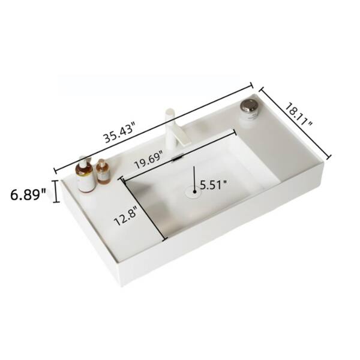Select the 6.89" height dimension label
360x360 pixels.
click(x=28, y=195)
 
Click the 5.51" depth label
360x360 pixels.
click(x=214, y=185)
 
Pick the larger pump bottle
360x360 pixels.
click(x=86, y=175)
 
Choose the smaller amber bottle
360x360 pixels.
click(x=103, y=173)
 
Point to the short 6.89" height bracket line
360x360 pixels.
click(x=56, y=193)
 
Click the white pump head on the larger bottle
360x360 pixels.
click(x=83, y=161)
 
